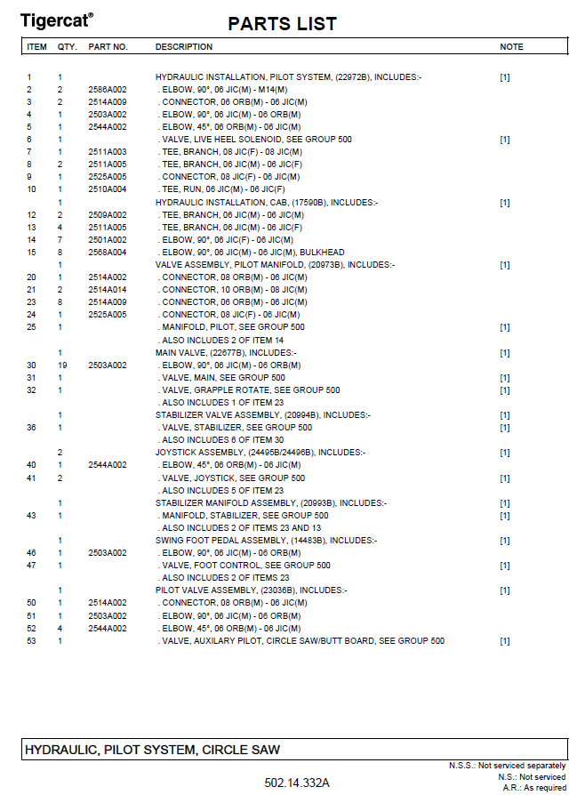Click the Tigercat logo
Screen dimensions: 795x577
tap(56, 20)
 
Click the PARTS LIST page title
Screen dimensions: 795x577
tap(282, 24)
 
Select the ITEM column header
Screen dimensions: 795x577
tap(36, 46)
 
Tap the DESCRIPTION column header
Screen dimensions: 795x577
tap(184, 46)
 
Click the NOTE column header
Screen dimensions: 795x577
tap(511, 46)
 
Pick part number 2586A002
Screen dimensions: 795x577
tap(108, 90)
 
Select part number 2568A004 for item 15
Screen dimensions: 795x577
tap(108, 252)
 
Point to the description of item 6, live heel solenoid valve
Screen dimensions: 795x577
tap(254, 140)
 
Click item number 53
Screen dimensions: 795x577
tap(31, 640)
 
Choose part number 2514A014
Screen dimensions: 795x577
tap(108, 289)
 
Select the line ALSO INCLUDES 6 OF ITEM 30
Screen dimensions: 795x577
tap(221, 439)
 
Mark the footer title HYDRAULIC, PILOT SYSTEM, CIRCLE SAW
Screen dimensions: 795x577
tap(152, 750)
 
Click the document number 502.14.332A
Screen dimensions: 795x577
tap(297, 783)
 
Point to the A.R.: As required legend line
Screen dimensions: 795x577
tap(533, 787)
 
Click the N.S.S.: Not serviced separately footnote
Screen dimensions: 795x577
tap(507, 766)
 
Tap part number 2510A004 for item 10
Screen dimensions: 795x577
tap(108, 189)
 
